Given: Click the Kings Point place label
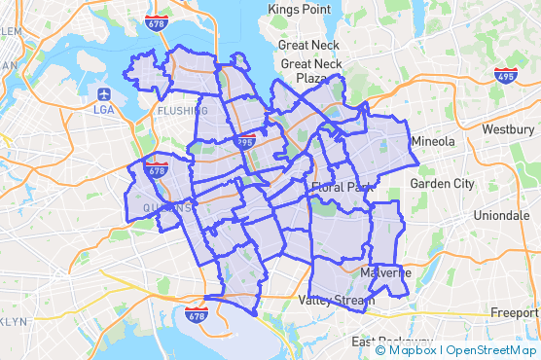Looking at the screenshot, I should tap(301, 9).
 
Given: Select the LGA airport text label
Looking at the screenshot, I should tap(104, 110).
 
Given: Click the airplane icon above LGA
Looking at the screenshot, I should tap(104, 94).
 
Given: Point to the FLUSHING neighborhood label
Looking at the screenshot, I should tap(182, 111).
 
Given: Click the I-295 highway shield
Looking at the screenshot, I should tap(244, 142).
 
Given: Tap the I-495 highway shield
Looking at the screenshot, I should tap(504, 74).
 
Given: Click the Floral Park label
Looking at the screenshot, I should tap(343, 186).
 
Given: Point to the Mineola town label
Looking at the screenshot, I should tap(433, 142).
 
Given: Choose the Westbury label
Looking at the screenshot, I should tap(507, 129).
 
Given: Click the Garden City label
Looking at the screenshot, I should tap(442, 183).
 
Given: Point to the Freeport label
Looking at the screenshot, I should tap(515, 313).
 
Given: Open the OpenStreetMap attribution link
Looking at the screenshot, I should tap(491, 350).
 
